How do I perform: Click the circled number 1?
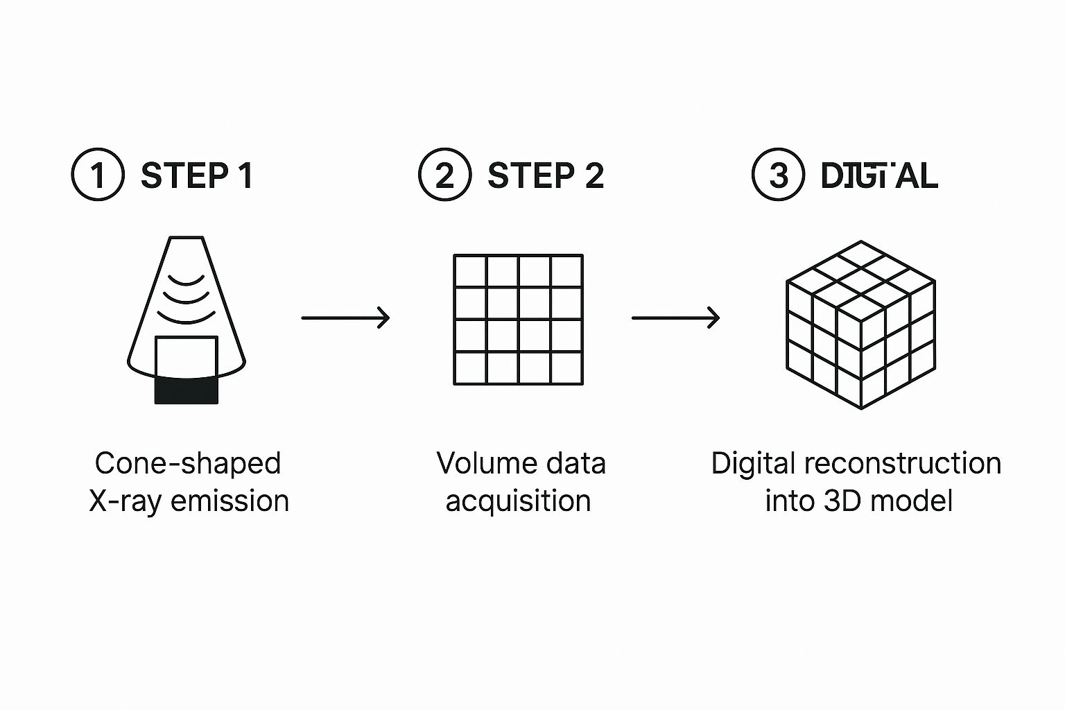click(98, 175)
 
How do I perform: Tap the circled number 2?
click(444, 175)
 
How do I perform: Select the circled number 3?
click(778, 175)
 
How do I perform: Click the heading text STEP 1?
click(197, 175)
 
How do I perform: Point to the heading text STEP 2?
click(546, 175)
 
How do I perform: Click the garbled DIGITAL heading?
click(878, 175)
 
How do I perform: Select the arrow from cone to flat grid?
click(345, 318)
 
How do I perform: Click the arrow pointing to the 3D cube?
click(675, 318)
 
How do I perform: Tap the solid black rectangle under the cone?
click(186, 390)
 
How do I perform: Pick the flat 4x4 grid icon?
click(518, 319)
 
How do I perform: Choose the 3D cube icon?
click(860, 324)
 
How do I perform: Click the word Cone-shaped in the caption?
click(188, 463)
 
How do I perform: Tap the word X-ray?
click(125, 501)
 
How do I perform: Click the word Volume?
click(482, 463)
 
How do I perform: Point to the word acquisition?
click(518, 501)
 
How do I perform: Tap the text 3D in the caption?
click(842, 501)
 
